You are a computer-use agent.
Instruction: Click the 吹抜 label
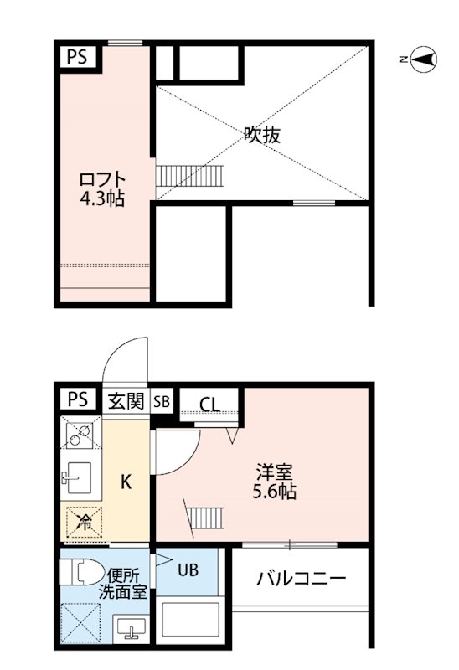pyautogui.click(x=261, y=134)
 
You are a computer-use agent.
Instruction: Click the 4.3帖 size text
pyautogui.click(x=103, y=200)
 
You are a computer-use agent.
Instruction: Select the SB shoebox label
pyautogui.click(x=162, y=401)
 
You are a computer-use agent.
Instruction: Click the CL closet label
pyautogui.click(x=209, y=405)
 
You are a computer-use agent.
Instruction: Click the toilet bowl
pyautogui.click(x=81, y=573)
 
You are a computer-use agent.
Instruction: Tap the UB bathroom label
pyautogui.click(x=188, y=570)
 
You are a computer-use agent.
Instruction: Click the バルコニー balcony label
pyautogui.click(x=302, y=578)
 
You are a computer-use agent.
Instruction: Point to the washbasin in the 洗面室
pyautogui.click(x=129, y=627)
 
